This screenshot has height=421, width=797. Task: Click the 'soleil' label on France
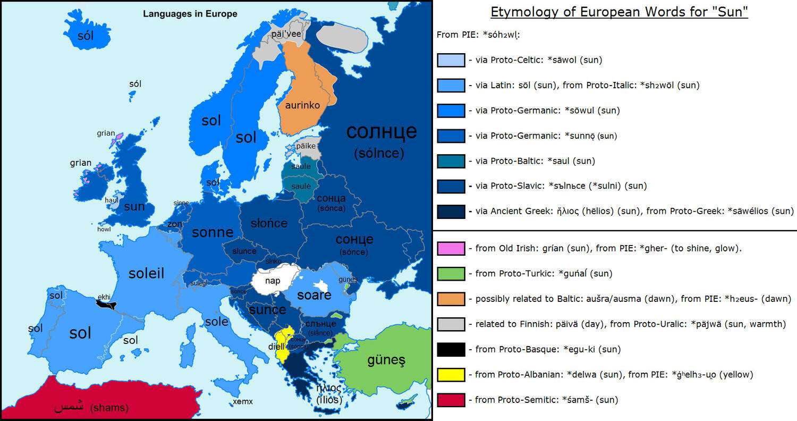[146, 273]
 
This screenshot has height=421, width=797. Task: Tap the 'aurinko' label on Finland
[302, 105]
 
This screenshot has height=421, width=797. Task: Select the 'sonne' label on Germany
[213, 232]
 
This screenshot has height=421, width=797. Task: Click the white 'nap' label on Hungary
[272, 281]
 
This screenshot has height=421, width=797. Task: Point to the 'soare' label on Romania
[314, 294]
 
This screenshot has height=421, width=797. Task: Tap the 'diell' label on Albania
[277, 347]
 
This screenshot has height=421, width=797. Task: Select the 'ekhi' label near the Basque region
[104, 298]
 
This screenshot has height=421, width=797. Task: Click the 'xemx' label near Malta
[242, 401]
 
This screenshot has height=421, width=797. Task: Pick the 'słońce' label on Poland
[269, 223]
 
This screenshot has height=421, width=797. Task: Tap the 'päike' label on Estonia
[306, 145]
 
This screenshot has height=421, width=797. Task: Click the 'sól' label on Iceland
[85, 36]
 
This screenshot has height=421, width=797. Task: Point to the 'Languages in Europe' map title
[190, 14]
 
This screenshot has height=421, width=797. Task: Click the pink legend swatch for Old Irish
[451, 248]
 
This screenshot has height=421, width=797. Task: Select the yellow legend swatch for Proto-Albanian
[451, 375]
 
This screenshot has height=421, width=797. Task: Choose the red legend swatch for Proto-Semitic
[451, 400]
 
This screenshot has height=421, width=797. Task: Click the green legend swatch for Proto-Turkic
[451, 274]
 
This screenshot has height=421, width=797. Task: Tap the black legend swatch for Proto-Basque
[451, 349]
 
